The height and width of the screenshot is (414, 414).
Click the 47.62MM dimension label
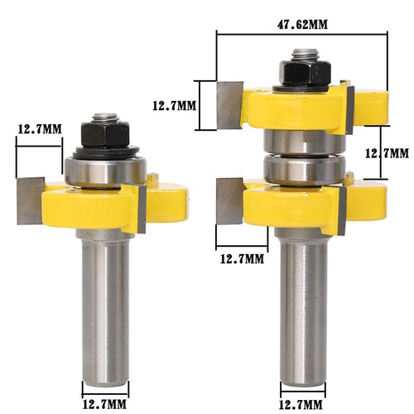(x=301, y=24)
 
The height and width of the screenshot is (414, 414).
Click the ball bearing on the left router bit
(x=107, y=170)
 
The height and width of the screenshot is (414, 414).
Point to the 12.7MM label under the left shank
(x=106, y=383)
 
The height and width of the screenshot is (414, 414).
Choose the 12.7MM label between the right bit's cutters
(x=388, y=153)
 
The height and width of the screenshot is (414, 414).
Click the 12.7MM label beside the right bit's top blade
(x=176, y=105)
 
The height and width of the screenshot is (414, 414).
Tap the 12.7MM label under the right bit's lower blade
(x=240, y=258)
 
